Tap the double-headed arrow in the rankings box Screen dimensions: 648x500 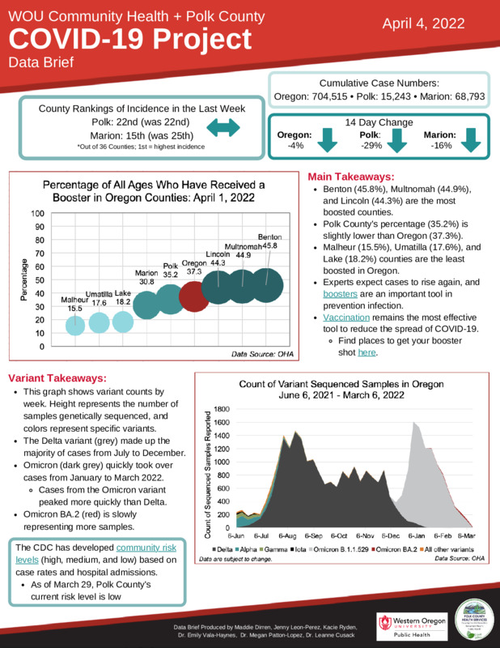coord(224,127)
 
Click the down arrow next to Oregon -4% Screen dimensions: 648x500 coord(328,140)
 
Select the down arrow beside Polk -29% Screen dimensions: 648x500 coord(396,140)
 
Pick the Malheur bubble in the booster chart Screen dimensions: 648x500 coord(74,325)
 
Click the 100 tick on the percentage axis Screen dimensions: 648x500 coord(37,214)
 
